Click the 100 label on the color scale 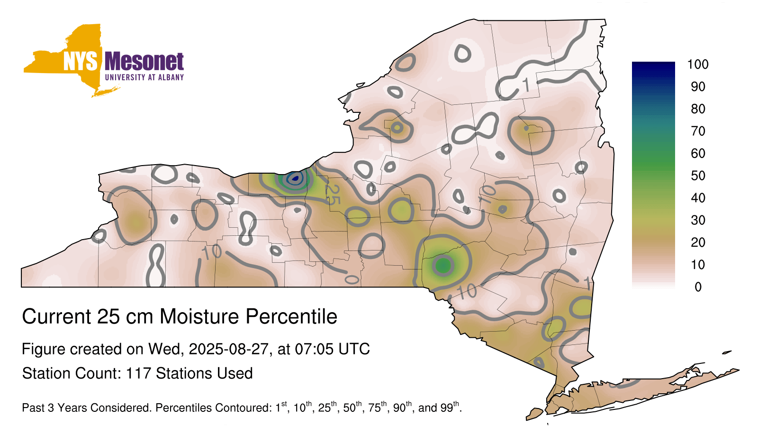pos(698,65)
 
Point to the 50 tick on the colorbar pos(698,176)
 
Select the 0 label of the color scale pos(698,287)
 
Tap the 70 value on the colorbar pos(698,131)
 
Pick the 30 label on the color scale pos(698,220)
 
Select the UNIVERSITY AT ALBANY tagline pos(144,77)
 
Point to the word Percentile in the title pos(291,316)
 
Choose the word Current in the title pos(56,316)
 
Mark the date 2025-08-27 pos(229,349)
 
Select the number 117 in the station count pos(138,373)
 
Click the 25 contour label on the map pos(332,195)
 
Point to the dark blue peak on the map pos(295,178)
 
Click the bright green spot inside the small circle pos(443,265)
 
